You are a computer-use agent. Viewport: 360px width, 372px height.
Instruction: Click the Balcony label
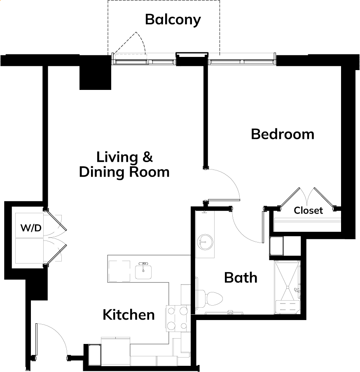tap(173, 20)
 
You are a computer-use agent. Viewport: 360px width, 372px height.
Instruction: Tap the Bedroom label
tap(283, 134)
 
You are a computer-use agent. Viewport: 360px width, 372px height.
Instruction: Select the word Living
tap(117, 158)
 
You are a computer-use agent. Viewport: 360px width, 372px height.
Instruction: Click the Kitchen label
tap(129, 315)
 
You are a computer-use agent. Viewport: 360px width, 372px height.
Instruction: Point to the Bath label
tap(241, 278)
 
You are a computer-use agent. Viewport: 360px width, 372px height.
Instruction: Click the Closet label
tap(308, 210)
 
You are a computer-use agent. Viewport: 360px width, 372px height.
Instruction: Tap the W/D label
tap(31, 228)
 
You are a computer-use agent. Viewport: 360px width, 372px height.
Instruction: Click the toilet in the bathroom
tap(209, 299)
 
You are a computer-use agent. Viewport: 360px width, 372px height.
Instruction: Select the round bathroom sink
tap(205, 242)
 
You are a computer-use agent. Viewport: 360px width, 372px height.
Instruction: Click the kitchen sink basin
tap(143, 272)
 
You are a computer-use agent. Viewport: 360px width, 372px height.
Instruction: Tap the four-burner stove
tap(178, 318)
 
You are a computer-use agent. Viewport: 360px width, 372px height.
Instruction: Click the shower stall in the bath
tap(287, 287)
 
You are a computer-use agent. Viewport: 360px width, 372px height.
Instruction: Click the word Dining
tap(101, 172)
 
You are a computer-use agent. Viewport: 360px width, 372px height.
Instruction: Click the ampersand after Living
tap(147, 157)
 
